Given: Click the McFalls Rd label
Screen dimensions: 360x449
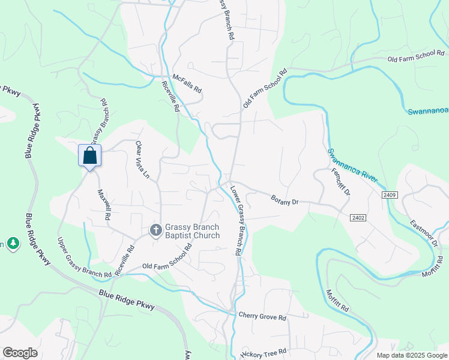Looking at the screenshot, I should pos(187,83).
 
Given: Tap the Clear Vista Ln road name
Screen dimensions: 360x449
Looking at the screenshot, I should pos(142,160).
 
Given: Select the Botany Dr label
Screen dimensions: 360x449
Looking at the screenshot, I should pos(285,200).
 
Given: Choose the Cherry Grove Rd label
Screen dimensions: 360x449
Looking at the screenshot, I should pos(262,316).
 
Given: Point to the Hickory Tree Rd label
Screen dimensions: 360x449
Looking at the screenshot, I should pos(264,353).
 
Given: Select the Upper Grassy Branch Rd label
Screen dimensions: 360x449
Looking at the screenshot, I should pos(84,258).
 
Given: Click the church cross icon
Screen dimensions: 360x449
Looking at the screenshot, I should pos(155,230).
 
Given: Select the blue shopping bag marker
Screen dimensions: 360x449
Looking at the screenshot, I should pos(90,156).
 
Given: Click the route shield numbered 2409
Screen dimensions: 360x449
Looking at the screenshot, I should pos(388,195).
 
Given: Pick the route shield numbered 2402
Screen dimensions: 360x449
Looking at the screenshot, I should pos(358,217).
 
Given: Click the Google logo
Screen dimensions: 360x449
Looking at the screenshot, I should pos(20,353).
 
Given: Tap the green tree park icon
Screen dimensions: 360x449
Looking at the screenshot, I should pos(13,243).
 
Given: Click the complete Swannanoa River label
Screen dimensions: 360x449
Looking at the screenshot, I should pos(352,166).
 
